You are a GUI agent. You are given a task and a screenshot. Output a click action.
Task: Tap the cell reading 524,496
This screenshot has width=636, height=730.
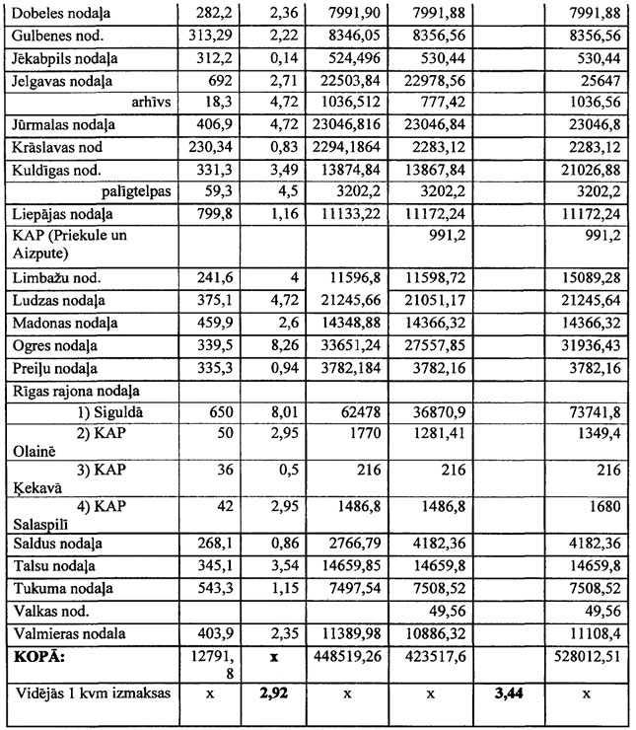[x=344, y=56]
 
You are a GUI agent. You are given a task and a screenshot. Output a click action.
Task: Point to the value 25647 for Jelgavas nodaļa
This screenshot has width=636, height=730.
[x=600, y=79]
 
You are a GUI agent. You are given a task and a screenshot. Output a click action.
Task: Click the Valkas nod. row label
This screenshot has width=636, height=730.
[x=48, y=609]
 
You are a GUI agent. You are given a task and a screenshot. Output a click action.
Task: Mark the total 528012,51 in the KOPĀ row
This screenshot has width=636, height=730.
[x=589, y=654]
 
